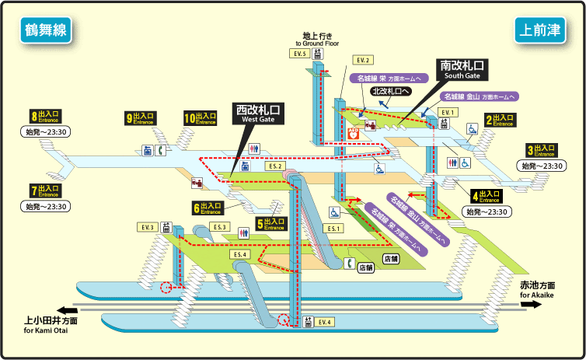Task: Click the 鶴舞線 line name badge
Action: (45, 30)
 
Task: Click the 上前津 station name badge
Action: (539, 30)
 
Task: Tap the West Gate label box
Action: (259, 114)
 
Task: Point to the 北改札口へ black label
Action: (391, 91)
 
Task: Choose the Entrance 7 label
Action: (46, 190)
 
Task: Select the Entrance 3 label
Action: (541, 150)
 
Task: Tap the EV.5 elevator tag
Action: (300, 54)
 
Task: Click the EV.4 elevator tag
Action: (323, 321)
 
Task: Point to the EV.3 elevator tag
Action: (148, 226)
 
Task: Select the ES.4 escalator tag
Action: (239, 254)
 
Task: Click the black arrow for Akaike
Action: (532, 305)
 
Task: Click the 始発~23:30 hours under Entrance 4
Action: (487, 211)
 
